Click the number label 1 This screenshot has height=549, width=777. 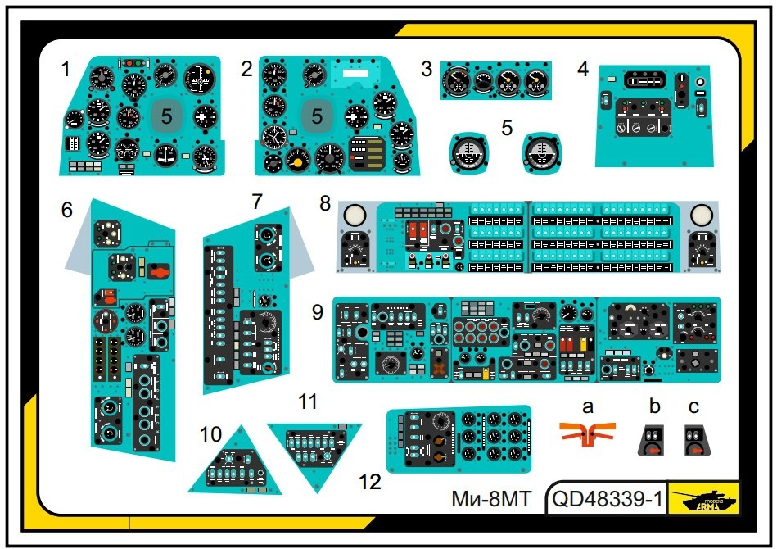(x=66, y=69)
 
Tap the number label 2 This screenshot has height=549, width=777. (x=246, y=69)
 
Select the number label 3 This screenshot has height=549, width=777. (x=427, y=69)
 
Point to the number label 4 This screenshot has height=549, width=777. (x=583, y=69)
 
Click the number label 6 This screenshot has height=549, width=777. (x=66, y=210)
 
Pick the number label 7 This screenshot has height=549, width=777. (x=257, y=201)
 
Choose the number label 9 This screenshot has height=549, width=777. (x=318, y=311)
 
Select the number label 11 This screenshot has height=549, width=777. (x=307, y=402)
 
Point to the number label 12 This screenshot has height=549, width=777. (x=370, y=482)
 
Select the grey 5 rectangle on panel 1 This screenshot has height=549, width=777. (x=166, y=116)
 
